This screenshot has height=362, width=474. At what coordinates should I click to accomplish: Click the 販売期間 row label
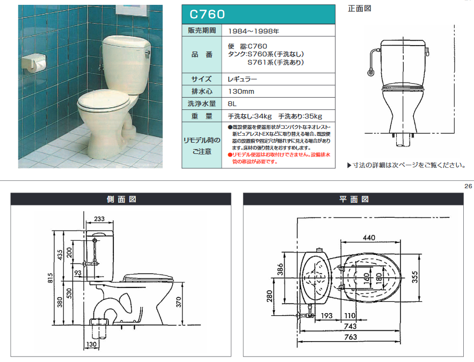tap(202, 31)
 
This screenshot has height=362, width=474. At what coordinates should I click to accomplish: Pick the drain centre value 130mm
tap(241, 91)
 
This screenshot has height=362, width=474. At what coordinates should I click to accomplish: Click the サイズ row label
tap(202, 78)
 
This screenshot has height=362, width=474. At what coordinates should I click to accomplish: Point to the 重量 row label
tap(202, 116)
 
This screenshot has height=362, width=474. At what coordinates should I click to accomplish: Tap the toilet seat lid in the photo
tap(102, 100)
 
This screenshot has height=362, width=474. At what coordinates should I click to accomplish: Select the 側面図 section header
tap(121, 199)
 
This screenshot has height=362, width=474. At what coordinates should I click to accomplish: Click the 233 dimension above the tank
tap(99, 219)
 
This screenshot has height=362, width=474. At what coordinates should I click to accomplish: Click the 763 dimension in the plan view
tap(351, 337)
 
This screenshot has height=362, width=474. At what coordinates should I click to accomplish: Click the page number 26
tap(468, 186)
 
